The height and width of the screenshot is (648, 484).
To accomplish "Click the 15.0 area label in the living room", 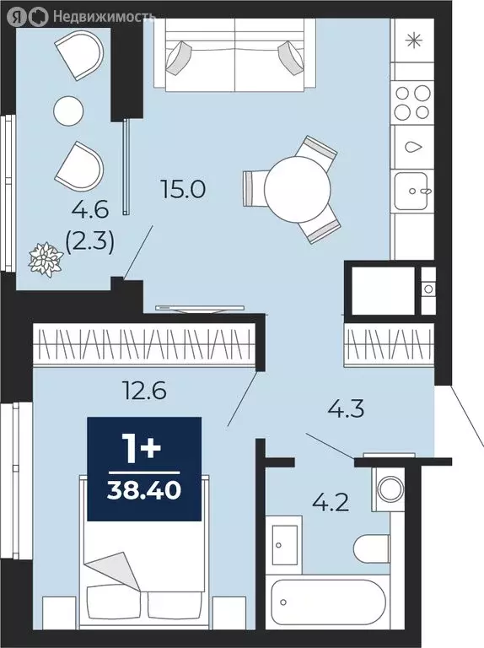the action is coord(183,190).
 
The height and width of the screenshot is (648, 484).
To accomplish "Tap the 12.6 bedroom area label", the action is coord(144,390).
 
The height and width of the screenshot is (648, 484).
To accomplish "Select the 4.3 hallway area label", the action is coord(346,409).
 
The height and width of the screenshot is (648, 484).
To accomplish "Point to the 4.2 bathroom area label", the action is coord(331,503).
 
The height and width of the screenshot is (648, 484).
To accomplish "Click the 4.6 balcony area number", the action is coord(90,210).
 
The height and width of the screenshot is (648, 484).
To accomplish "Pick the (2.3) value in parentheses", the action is coord(90,243).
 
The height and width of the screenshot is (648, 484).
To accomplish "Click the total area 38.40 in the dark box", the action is coord(144,490).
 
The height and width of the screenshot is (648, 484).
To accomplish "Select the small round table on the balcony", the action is coord(68,111).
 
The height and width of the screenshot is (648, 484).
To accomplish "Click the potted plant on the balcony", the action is coord(46,260).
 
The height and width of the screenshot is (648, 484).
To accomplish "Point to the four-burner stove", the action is coord(412,102).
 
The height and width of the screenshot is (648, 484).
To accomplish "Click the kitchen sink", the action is coord(412,191).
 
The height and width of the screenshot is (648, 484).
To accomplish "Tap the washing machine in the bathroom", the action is coord(388,489).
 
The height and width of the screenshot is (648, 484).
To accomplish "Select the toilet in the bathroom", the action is coord(371,548).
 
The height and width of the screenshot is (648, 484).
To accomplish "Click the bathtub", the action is coord(328,602).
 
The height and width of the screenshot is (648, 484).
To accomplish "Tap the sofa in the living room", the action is coord(234,54).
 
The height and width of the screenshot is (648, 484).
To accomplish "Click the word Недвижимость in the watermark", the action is coord(104,17).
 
